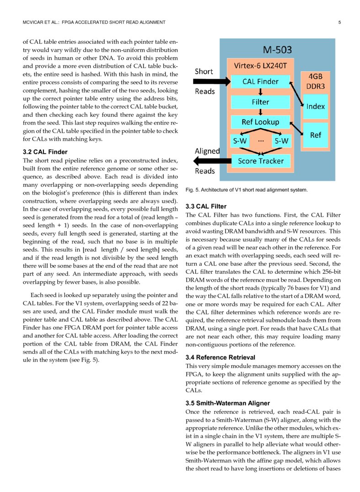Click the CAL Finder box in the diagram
tap(260, 81)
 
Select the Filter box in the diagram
tap(260, 102)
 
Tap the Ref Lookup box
tap(261, 122)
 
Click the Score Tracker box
tap(261, 161)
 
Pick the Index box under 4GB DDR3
tap(316, 106)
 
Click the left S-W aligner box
tap(240, 141)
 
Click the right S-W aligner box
tap(281, 141)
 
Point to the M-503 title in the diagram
tap(277, 49)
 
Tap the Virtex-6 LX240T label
tap(260, 65)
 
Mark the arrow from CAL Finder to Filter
tap(260, 92)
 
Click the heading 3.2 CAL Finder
tap(45, 152)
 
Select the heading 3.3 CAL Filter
tap(206, 206)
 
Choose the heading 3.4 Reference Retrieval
tap(220, 357)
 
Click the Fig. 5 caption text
tap(247, 189)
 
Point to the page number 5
tap(339, 22)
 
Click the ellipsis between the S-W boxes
tap(261, 140)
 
